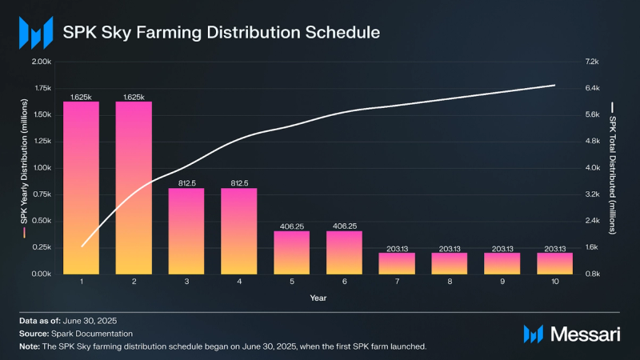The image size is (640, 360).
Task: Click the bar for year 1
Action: [x=81, y=188]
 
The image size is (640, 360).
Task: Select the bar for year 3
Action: [x=186, y=231]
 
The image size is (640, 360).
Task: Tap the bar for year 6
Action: [x=343, y=253]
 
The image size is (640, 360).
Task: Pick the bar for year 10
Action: [x=554, y=263]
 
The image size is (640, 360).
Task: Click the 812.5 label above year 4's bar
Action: [x=238, y=183]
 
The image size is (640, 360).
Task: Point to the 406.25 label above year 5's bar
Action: [x=291, y=226]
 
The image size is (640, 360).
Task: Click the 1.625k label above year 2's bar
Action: [x=134, y=97]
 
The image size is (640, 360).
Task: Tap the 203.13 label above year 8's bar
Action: [x=449, y=248]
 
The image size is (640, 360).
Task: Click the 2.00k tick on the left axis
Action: [x=41, y=62]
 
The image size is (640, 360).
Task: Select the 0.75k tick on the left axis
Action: [x=41, y=194]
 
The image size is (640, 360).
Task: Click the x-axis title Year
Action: [x=318, y=298]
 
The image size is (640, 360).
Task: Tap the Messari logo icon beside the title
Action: [x=34, y=32]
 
